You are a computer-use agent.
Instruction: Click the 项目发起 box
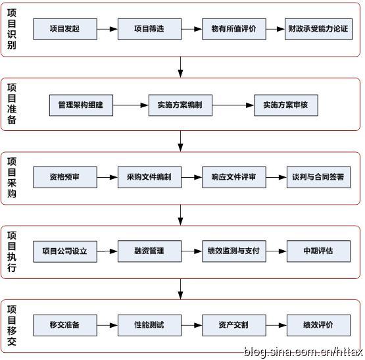point(64,29)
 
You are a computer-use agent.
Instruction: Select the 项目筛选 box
point(149,29)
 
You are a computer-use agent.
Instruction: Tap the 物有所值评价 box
point(233,29)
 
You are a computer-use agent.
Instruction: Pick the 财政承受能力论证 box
point(318,29)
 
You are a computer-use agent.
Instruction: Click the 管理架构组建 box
point(81,105)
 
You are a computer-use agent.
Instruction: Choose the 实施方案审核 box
point(285,105)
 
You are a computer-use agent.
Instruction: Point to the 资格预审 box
point(64,178)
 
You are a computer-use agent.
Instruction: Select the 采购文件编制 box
point(149,178)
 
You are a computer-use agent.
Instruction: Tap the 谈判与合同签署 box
point(318,178)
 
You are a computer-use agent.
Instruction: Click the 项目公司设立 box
point(64,251)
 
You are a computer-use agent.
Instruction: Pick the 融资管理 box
point(149,251)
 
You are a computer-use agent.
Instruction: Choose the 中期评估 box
point(318,251)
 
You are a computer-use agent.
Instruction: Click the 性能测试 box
point(149,324)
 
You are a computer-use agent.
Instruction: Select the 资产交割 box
point(233,324)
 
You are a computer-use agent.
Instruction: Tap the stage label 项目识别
point(12,29)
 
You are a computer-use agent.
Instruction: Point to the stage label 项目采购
point(12,178)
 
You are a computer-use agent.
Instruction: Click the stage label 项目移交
point(12,324)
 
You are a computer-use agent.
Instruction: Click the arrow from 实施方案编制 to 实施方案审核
point(233,105)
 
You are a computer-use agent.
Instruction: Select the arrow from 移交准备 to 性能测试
point(107,324)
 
